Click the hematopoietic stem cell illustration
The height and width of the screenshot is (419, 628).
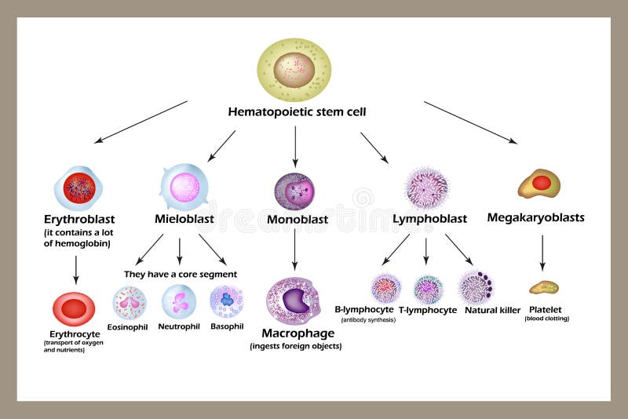294,70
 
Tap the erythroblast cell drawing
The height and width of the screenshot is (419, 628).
78,188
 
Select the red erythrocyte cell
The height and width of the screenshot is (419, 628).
74,309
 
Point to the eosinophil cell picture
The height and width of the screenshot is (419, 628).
130,302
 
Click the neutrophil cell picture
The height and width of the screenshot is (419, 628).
179,301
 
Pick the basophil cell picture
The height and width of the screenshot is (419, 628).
227,301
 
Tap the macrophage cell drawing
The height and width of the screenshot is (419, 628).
294,301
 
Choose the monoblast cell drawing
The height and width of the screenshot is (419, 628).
294,191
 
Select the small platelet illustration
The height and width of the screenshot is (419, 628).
544,287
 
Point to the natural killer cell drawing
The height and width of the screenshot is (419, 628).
476,287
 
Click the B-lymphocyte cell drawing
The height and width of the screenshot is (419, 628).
386,288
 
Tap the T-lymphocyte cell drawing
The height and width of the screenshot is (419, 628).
429,289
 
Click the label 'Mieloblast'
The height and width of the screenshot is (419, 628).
184,219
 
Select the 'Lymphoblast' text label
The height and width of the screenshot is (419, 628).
429,219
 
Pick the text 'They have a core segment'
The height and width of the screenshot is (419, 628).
181,275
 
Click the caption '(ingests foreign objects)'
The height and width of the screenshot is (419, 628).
296,346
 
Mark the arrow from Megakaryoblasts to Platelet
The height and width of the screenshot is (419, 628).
542,253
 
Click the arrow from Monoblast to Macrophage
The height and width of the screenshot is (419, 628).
294,250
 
